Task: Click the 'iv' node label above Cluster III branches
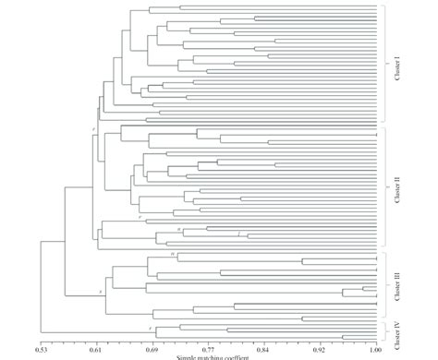(x=172, y=252)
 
